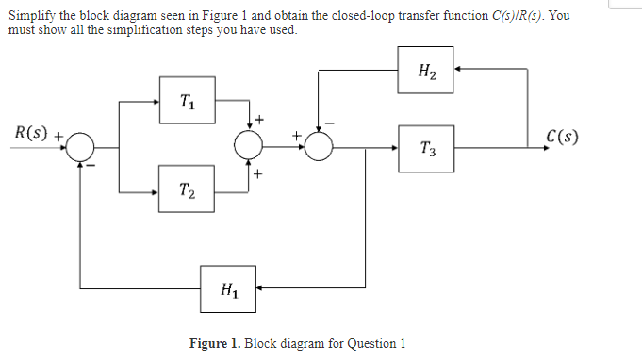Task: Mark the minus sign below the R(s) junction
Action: point(92,166)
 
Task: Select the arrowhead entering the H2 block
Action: point(459,70)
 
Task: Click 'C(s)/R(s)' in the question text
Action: point(515,17)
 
